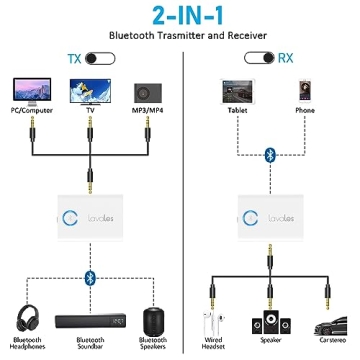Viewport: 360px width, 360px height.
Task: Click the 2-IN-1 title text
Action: (179, 18)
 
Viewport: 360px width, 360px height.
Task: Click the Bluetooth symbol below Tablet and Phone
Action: (269, 154)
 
